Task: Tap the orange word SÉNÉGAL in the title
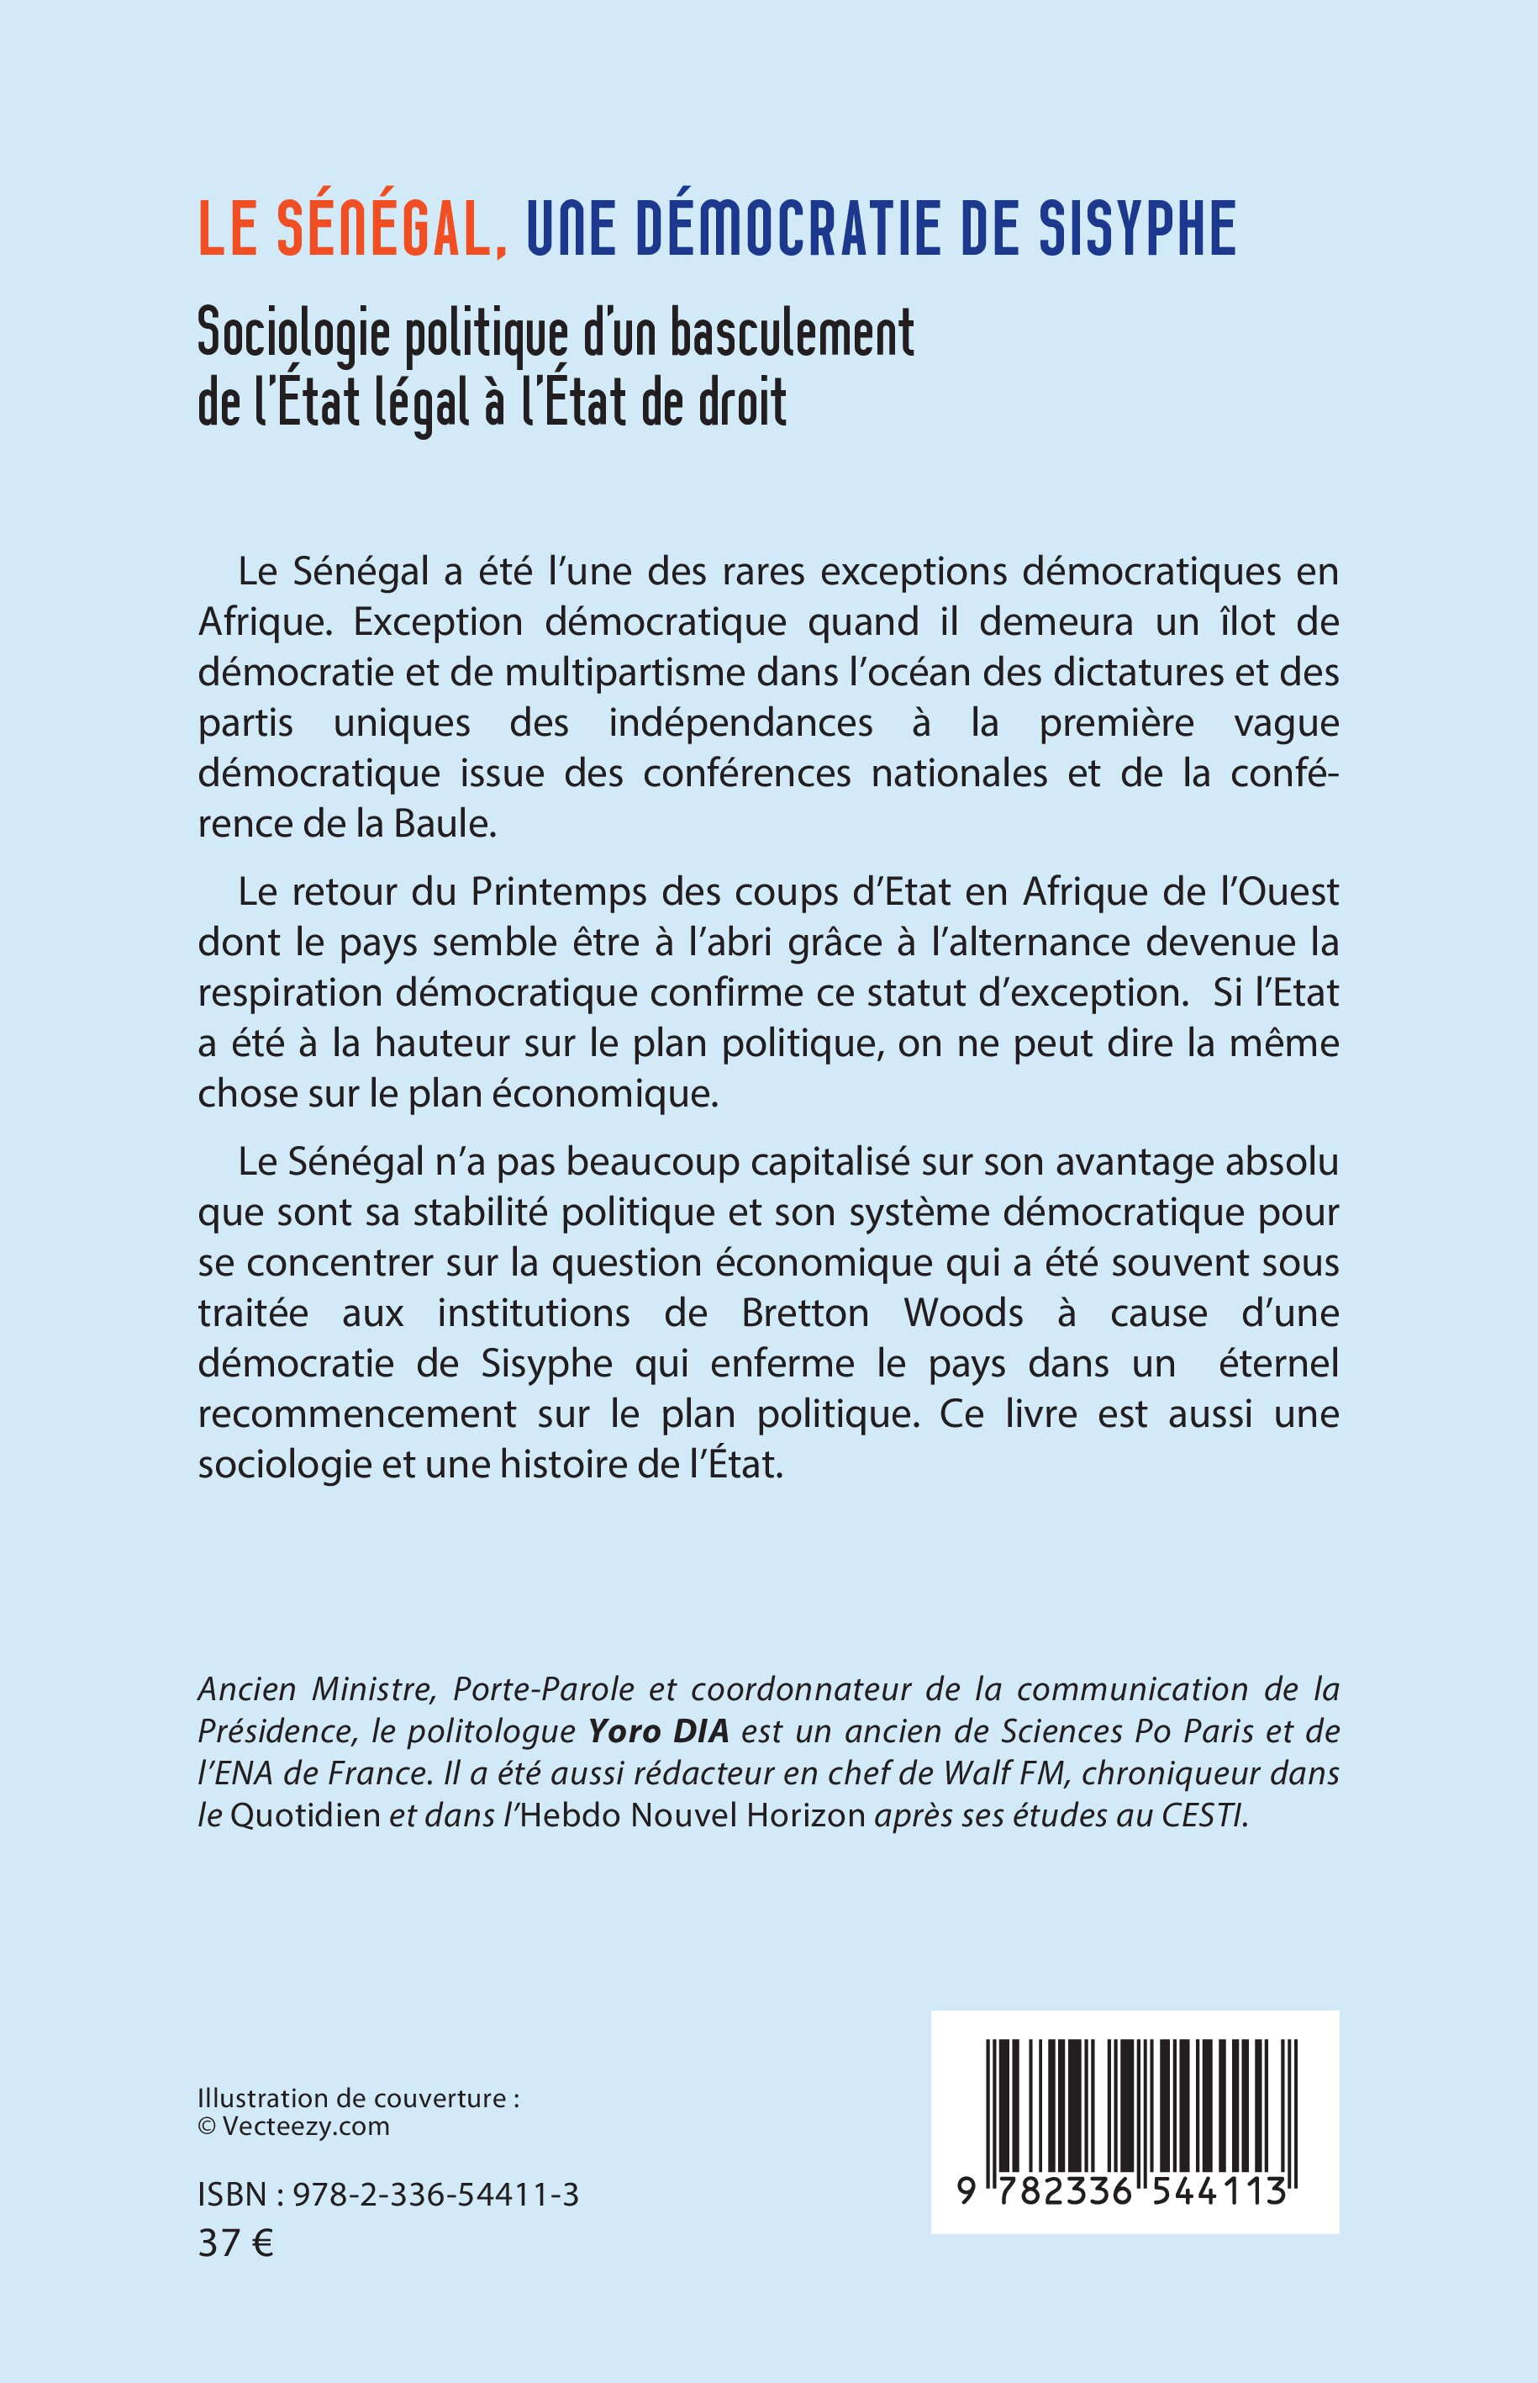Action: pyautogui.click(x=389, y=229)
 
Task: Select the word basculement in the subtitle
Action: pyautogui.click(x=791, y=334)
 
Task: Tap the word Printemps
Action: pyautogui.click(x=559, y=892)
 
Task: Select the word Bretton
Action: pyautogui.click(x=805, y=1313)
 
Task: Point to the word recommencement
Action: pyautogui.click(x=357, y=1413)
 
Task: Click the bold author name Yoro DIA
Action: pyautogui.click(x=659, y=1730)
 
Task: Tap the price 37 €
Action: pyautogui.click(x=235, y=2243)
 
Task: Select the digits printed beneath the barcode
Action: pyautogui.click(x=1121, y=2191)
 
